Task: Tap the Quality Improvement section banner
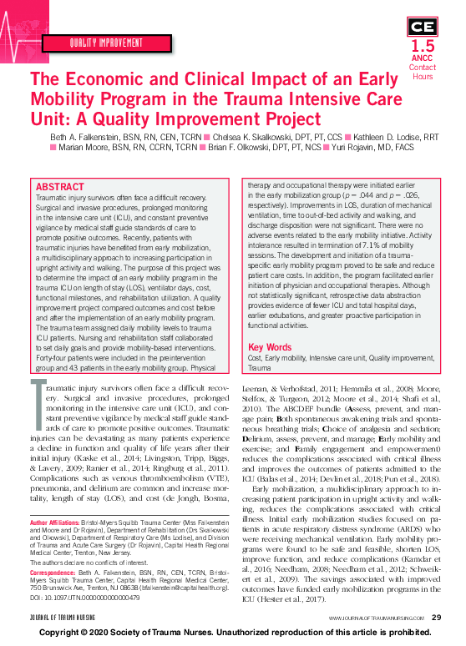tap(104, 41)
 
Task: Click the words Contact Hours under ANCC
tap(423, 72)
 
